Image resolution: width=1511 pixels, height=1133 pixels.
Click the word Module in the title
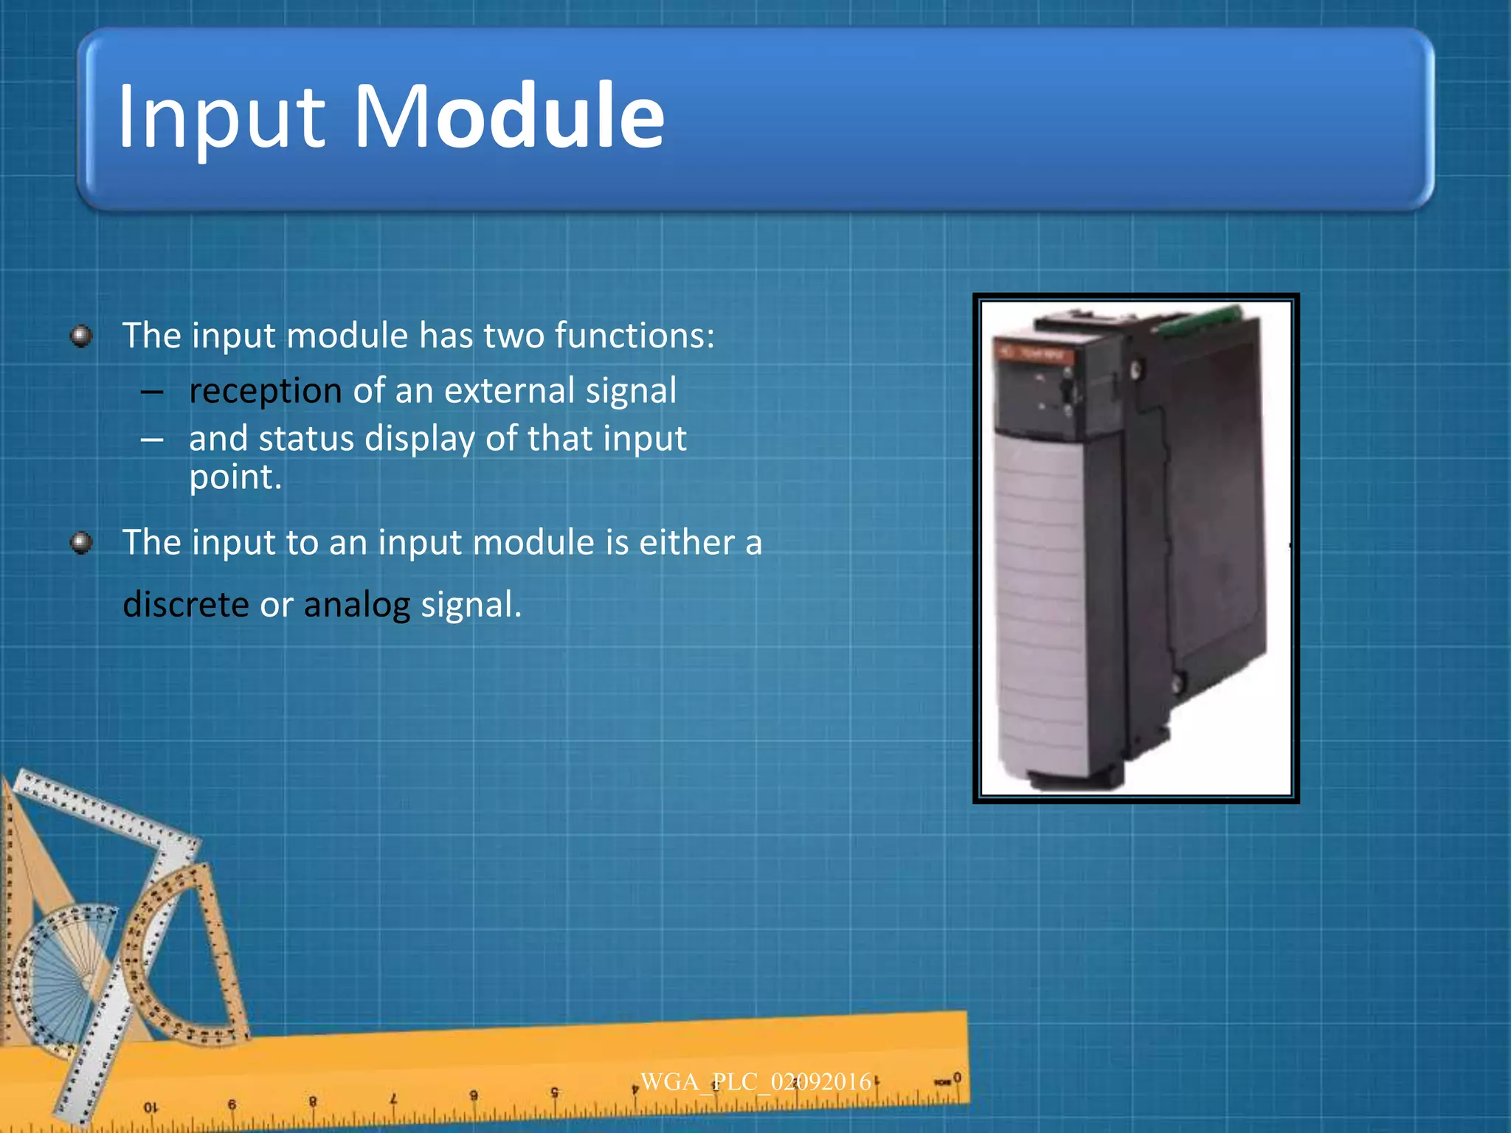click(x=509, y=117)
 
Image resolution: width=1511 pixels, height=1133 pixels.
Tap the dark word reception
click(x=265, y=391)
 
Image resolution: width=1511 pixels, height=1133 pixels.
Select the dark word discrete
click(x=185, y=604)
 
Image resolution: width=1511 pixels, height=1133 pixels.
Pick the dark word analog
click(x=356, y=606)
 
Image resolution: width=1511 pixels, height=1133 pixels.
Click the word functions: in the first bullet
click(x=635, y=336)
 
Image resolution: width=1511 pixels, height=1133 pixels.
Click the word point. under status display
click(x=235, y=478)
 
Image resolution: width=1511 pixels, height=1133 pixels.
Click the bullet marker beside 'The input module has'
click(x=81, y=336)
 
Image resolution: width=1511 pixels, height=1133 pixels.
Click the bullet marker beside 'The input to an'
click(x=81, y=544)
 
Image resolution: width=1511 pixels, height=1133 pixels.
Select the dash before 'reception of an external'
click(x=152, y=392)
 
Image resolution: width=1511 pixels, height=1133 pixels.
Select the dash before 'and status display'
click(x=152, y=440)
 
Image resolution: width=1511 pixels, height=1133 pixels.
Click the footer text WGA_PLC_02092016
click(x=755, y=1082)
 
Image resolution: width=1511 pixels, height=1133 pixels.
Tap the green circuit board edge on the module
click(x=1199, y=320)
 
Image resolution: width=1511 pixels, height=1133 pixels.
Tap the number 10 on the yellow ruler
click(x=151, y=1107)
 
